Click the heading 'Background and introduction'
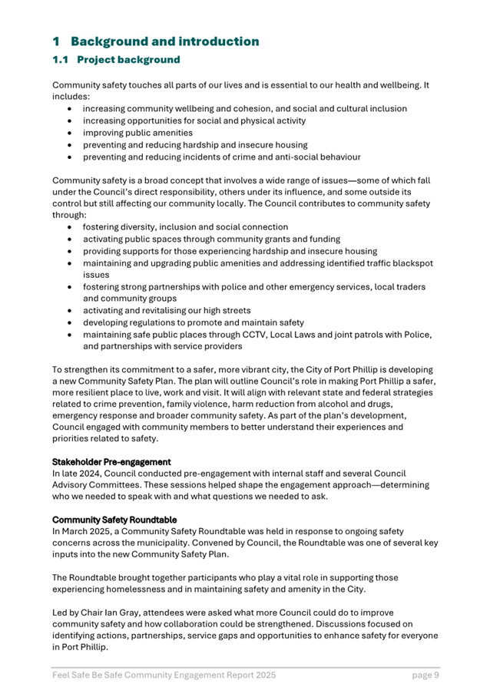click(x=164, y=41)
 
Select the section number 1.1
click(x=61, y=60)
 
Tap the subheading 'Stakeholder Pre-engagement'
click(x=111, y=462)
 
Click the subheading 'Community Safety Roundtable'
click(x=112, y=518)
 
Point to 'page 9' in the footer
click(x=425, y=675)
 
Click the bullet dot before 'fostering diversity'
click(x=71, y=227)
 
